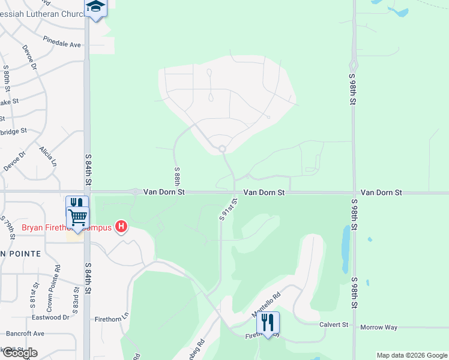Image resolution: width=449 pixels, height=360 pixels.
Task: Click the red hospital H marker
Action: click(121, 227)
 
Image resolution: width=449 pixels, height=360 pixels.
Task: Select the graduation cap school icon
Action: click(96, 7)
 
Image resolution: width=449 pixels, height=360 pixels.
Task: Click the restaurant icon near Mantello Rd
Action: click(268, 322)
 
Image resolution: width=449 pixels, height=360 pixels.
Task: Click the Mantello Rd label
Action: click(266, 305)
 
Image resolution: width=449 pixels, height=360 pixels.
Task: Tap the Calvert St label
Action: click(336, 325)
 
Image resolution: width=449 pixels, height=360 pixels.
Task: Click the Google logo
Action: click(20, 353)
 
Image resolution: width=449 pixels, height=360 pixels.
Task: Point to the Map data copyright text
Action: click(411, 355)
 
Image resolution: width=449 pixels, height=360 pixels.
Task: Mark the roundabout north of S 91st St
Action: click(222, 149)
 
